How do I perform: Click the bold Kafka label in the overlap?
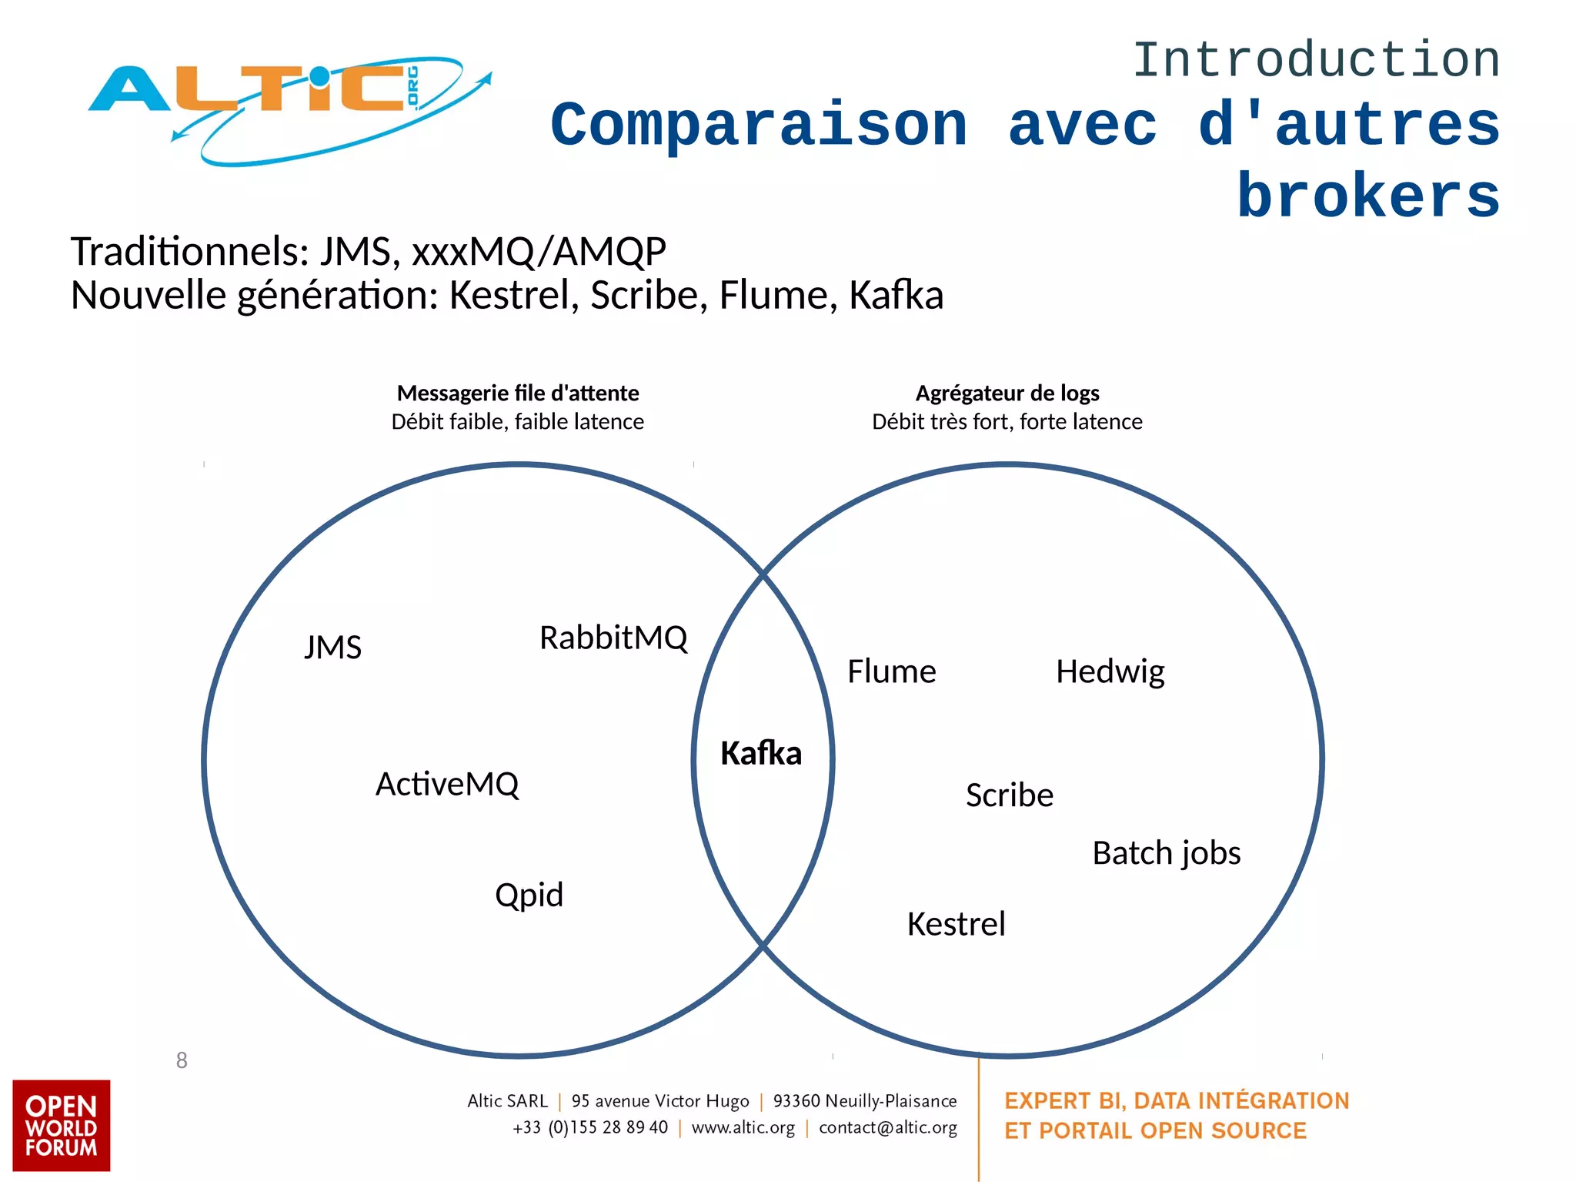(761, 753)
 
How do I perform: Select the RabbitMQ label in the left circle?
(613, 638)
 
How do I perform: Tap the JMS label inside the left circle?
(332, 648)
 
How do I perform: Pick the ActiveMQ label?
(447, 785)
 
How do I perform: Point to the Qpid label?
(529, 895)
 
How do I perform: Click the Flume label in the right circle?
(891, 671)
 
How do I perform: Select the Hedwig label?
(1110, 671)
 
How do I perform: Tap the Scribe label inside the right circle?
(1009, 795)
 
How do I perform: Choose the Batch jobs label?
(1166, 853)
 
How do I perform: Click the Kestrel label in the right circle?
(956, 924)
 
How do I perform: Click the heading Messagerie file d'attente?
(518, 393)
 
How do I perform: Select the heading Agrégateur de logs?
(1007, 393)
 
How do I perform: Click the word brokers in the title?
(1368, 196)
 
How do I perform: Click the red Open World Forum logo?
(61, 1125)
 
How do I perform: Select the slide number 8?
(182, 1060)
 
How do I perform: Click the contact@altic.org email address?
(887, 1127)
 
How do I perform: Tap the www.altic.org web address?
(743, 1127)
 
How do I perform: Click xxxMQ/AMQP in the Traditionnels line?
(539, 251)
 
